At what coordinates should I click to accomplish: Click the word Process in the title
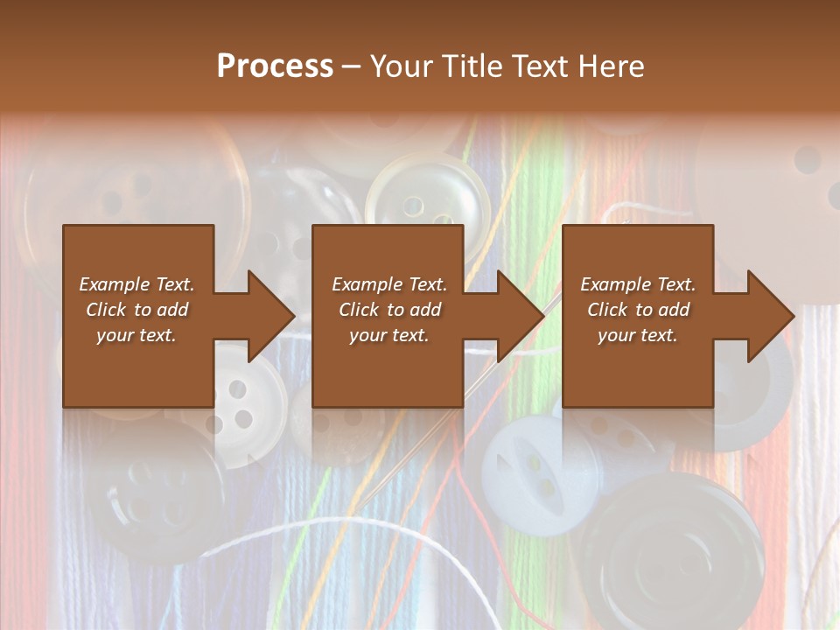pos(275,66)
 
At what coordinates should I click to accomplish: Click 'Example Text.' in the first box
pos(136,284)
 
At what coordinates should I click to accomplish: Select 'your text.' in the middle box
pos(388,335)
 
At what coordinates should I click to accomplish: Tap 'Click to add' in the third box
pos(638,310)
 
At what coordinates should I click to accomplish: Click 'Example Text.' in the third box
pos(638,284)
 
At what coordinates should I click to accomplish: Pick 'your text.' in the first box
pos(136,335)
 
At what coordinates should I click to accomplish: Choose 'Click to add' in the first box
pos(136,310)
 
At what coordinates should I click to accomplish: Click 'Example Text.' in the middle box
pos(388,284)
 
